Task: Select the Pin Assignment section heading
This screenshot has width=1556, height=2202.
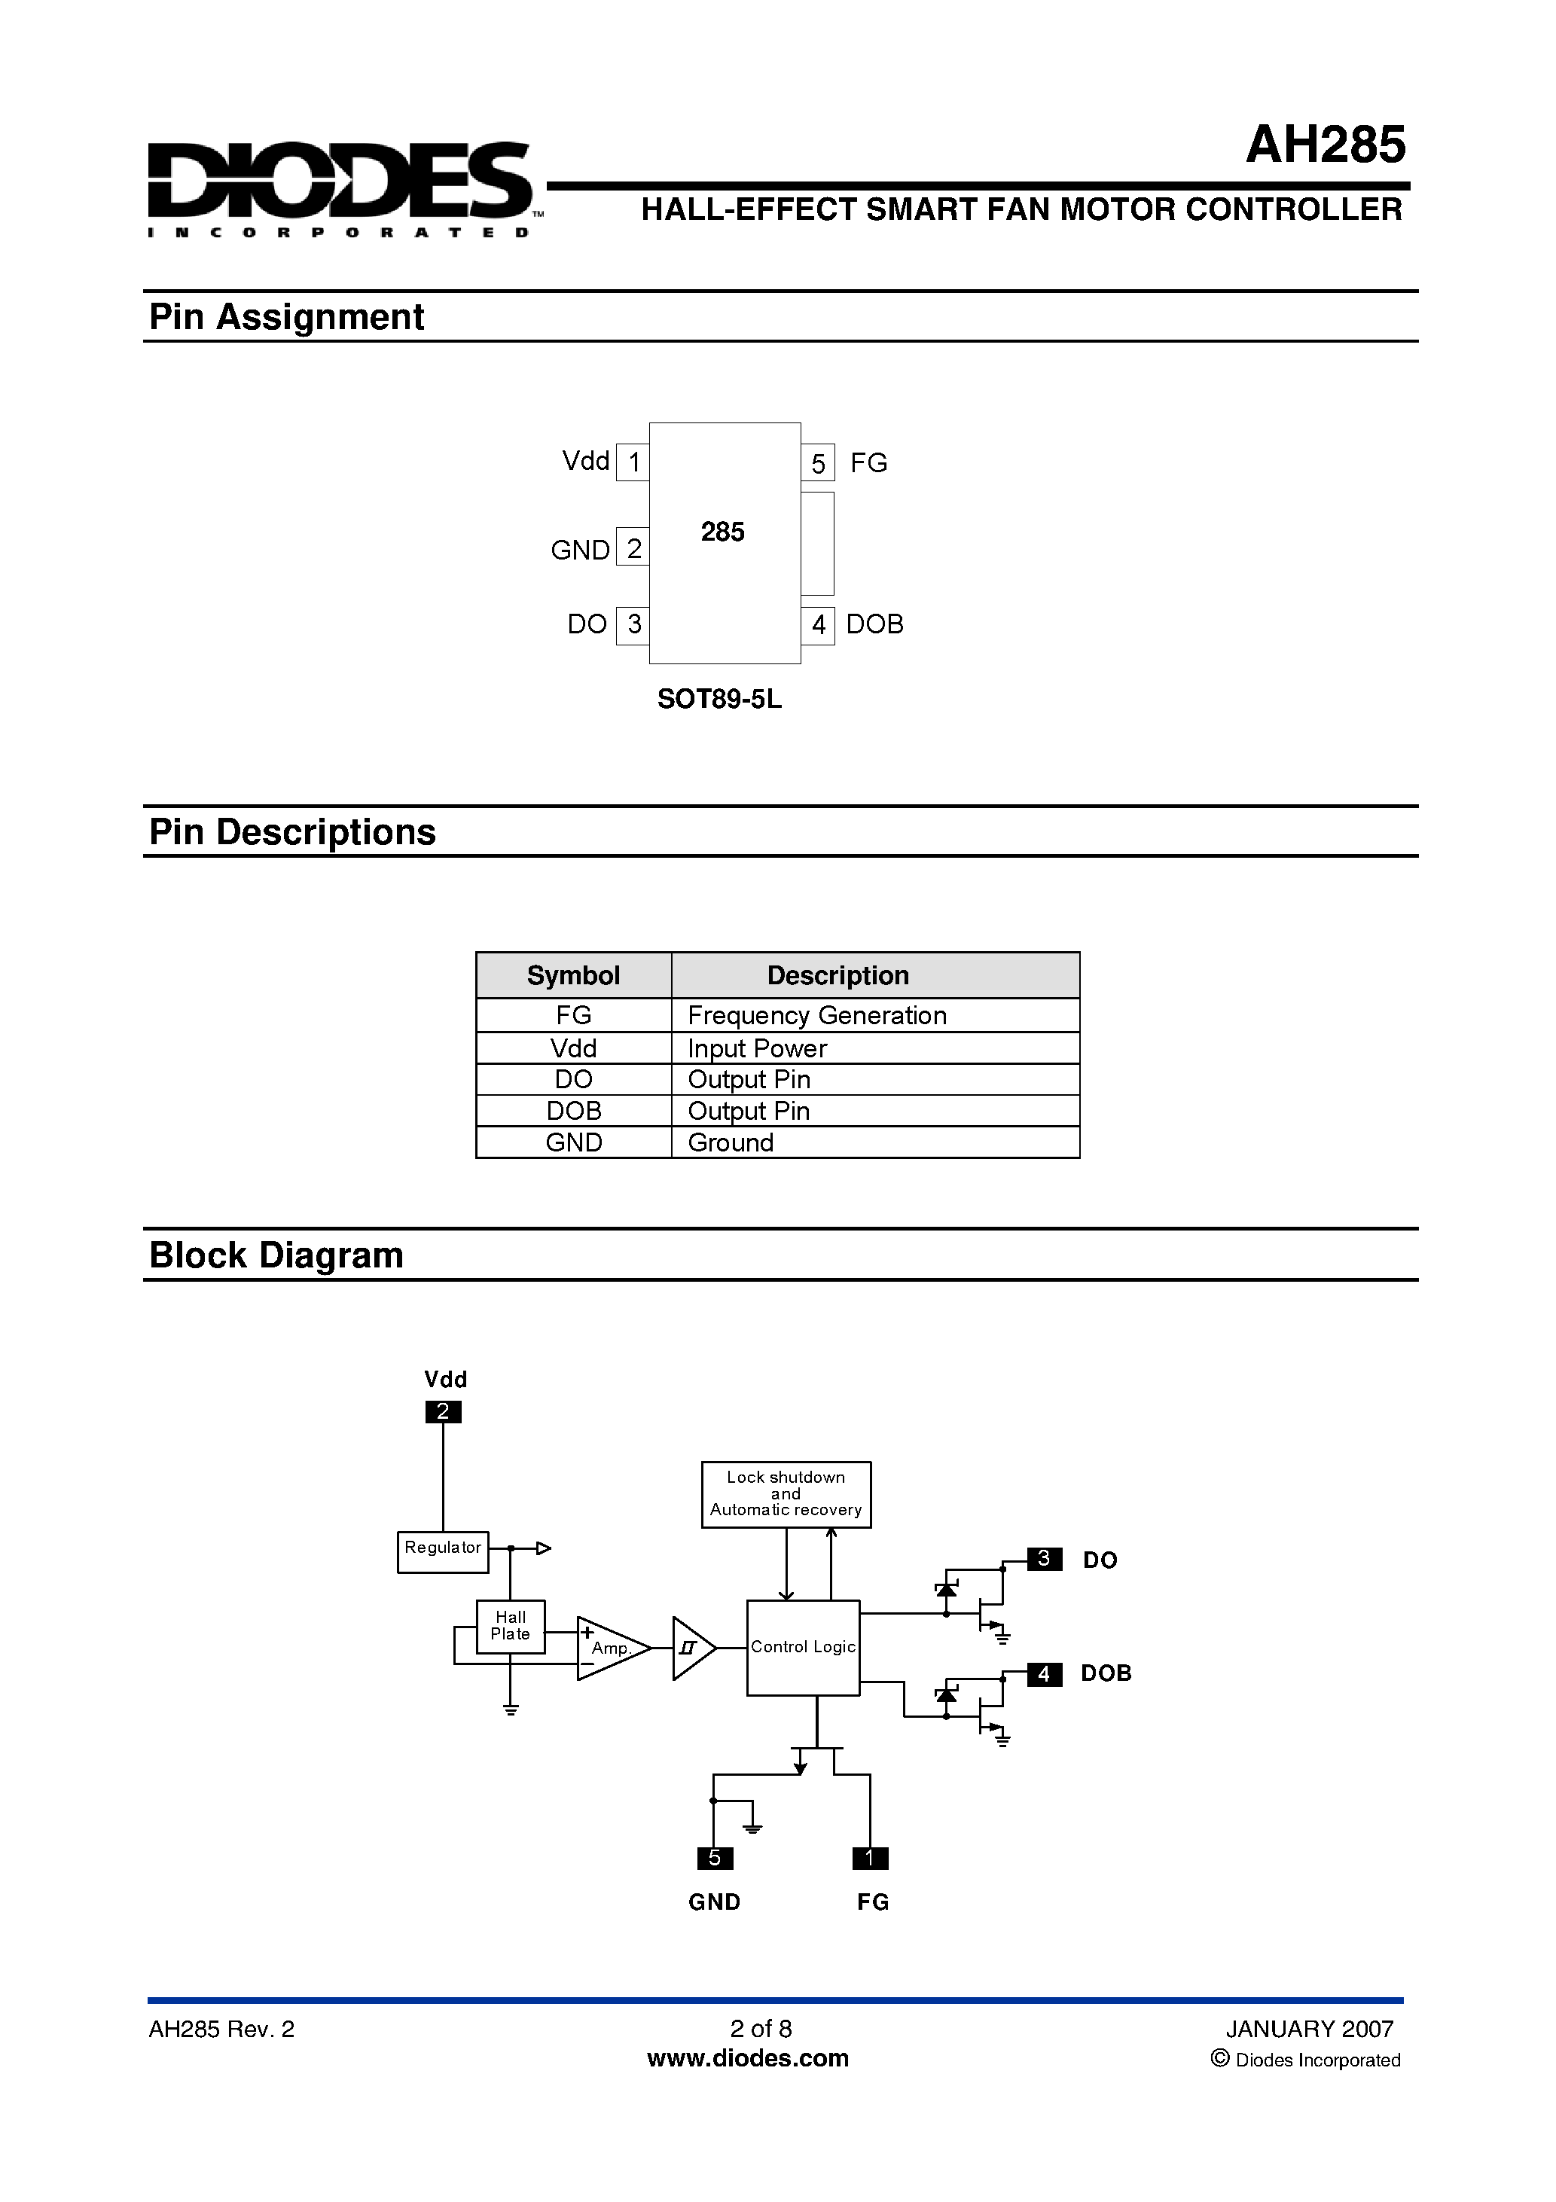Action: click(286, 316)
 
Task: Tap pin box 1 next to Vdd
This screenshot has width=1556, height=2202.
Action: click(633, 462)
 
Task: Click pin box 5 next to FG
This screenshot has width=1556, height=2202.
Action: click(817, 463)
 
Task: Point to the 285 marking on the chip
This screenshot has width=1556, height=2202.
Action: click(722, 532)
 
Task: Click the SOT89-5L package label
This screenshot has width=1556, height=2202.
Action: click(719, 699)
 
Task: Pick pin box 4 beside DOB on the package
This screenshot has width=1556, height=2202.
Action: click(817, 624)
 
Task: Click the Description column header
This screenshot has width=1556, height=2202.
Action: click(837, 975)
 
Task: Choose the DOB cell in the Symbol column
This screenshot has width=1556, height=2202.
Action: click(574, 1111)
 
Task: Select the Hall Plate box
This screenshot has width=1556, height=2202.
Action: click(511, 1626)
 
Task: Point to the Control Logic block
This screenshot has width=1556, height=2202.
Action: click(803, 1647)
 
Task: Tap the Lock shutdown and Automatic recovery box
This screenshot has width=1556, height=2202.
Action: click(786, 1493)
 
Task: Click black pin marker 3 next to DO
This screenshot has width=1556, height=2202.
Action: click(1044, 1558)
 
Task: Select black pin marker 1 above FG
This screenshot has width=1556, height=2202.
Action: click(870, 1858)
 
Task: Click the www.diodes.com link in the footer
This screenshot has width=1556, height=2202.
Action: click(747, 2058)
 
